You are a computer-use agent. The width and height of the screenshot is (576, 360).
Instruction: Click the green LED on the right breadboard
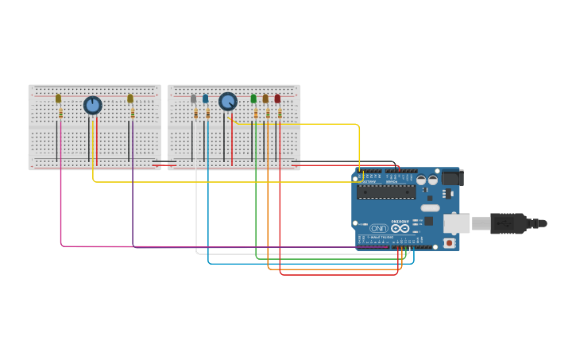point(253,99)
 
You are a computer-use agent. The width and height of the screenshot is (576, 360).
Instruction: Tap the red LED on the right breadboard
point(277,99)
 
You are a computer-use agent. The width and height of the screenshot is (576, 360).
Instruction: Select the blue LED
point(205,99)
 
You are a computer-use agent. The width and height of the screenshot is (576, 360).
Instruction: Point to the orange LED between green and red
point(265,99)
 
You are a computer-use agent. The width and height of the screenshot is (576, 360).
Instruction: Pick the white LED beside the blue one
point(193,99)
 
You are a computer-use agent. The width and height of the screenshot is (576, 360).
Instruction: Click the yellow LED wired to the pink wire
point(58,99)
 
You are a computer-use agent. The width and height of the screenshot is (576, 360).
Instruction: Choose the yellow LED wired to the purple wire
point(130,99)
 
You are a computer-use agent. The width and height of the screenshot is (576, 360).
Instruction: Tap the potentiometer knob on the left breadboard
point(93,105)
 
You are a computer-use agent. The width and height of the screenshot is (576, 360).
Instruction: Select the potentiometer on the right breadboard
point(228,102)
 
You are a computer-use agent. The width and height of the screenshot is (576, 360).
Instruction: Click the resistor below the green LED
point(256,114)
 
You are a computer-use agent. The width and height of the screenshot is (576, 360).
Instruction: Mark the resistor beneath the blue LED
point(207,114)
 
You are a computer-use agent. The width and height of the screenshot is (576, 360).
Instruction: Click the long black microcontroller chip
point(386,192)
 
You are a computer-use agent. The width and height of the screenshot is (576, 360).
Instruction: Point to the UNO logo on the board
point(379,228)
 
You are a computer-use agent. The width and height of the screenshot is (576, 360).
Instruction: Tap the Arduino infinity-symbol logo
point(400,228)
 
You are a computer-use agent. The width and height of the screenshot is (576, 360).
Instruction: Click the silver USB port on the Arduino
point(456,223)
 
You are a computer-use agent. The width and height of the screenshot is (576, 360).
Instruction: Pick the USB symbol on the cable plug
point(508,223)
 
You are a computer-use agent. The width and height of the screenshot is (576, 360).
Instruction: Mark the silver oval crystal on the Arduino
point(430,207)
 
